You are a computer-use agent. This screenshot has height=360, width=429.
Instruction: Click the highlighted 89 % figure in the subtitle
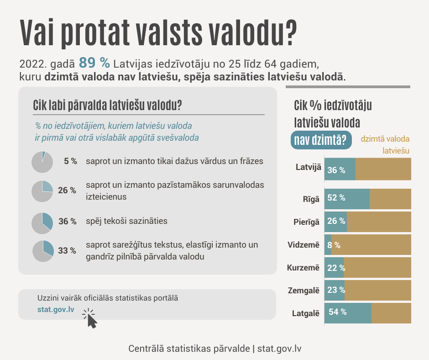[x=94, y=62]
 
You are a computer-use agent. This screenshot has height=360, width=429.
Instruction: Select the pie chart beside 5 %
[x=42, y=162]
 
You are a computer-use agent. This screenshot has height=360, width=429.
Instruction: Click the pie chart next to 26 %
[x=42, y=191]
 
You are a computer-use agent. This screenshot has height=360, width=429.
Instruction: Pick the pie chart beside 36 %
[x=42, y=223]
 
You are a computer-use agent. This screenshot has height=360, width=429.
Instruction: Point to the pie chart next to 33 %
[x=43, y=251]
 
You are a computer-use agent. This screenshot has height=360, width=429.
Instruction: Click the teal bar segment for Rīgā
[x=347, y=198]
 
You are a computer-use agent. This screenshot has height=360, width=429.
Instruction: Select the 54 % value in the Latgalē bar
[x=337, y=312]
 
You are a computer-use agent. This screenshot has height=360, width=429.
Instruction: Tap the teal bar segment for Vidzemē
[x=328, y=245]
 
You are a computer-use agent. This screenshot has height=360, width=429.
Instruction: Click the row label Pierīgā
[x=306, y=222]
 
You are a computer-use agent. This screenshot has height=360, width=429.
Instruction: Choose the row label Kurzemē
[x=303, y=268]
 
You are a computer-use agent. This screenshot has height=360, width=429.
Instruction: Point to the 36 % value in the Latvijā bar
[x=336, y=170]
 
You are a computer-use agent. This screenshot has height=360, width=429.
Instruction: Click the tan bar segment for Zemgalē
[x=378, y=290]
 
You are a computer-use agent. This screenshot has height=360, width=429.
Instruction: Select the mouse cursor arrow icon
[x=92, y=320]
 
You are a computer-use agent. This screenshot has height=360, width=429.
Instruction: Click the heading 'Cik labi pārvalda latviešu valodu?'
[x=108, y=106]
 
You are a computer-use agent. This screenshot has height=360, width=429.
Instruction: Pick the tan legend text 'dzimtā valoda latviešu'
[x=385, y=144]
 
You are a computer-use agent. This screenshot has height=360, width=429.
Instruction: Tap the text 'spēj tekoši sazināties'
[x=126, y=221]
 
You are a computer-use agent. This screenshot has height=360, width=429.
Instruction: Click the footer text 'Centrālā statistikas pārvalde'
[x=189, y=349]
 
